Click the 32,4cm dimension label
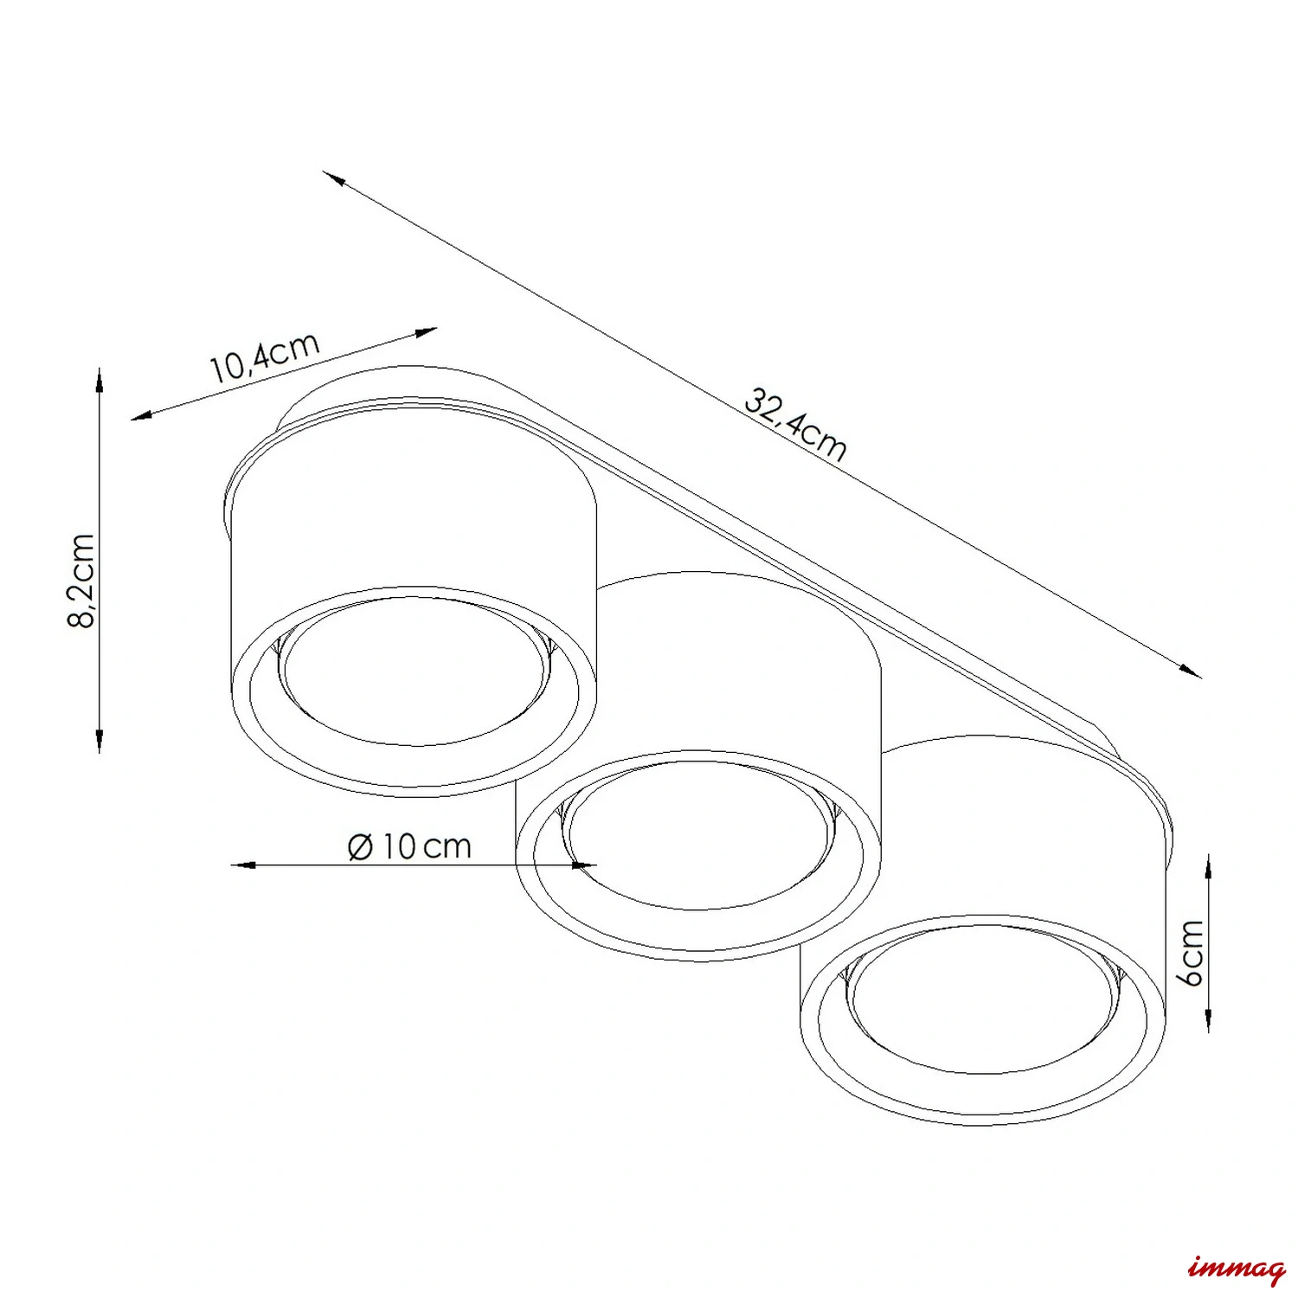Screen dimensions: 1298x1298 click(x=795, y=425)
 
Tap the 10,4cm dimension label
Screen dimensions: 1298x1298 click(x=265, y=357)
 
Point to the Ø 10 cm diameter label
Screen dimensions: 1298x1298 click(x=409, y=845)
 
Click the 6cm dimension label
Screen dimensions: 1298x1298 click(x=1192, y=953)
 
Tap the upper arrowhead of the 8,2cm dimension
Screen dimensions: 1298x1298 click(x=100, y=380)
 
